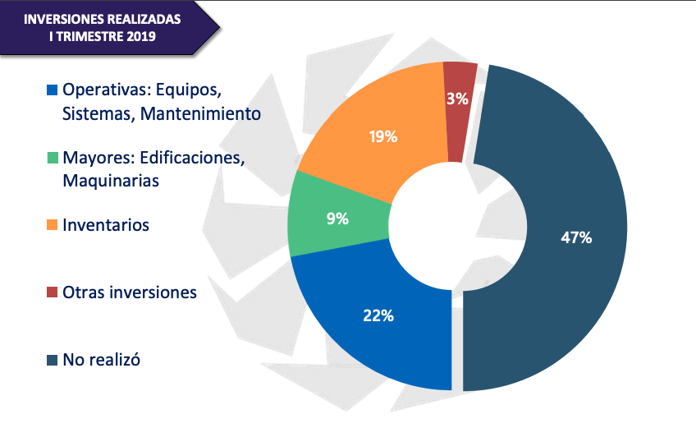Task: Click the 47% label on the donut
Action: click(x=576, y=237)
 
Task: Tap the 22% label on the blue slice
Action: click(x=378, y=315)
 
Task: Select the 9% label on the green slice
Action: click(x=337, y=219)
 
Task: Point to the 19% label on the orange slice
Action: click(x=383, y=136)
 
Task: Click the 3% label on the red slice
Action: click(x=457, y=99)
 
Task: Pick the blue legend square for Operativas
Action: click(x=53, y=90)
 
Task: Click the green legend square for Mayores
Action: click(x=53, y=158)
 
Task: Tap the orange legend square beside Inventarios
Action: click(x=53, y=225)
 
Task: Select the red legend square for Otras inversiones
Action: click(x=53, y=292)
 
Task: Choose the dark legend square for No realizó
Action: click(x=53, y=360)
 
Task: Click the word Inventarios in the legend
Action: click(x=106, y=225)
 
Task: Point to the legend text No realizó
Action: click(x=101, y=360)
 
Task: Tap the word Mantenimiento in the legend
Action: click(x=200, y=114)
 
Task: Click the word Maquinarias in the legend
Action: click(x=111, y=181)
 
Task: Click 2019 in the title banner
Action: click(x=140, y=36)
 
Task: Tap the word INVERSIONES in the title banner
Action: click(x=63, y=19)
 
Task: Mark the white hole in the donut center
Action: click(x=457, y=227)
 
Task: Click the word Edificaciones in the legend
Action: click(x=192, y=158)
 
